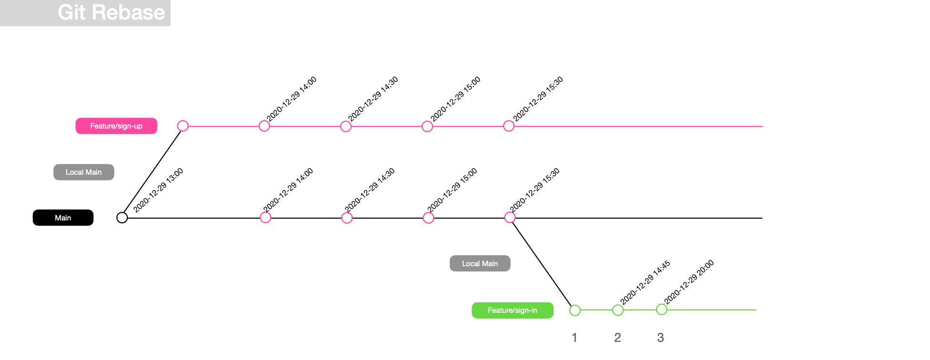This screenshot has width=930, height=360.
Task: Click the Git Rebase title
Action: coord(111,12)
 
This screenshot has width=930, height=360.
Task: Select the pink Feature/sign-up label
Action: coord(116,126)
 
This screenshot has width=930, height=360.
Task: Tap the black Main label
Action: coord(63,218)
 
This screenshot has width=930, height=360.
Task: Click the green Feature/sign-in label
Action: coord(512,310)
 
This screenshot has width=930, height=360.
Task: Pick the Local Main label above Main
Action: coord(84,172)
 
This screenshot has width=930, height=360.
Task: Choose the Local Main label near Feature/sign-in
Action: coord(480,263)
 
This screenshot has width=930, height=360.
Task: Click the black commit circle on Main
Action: coord(122,218)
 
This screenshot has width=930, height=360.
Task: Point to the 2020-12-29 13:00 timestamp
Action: coord(158,190)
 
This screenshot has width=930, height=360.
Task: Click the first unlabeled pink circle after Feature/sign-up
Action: coord(183,126)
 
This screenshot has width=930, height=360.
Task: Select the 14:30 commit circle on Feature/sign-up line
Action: coord(346,126)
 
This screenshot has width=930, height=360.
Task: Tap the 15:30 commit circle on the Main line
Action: coord(510,218)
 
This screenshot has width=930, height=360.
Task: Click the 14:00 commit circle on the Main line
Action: coord(265,218)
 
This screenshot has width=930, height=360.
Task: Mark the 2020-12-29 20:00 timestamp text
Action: coord(689,282)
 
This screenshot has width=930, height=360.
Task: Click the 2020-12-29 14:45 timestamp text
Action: coord(645,282)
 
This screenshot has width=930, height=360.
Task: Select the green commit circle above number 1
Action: coord(575,310)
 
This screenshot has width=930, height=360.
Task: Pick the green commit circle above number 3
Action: coord(662,310)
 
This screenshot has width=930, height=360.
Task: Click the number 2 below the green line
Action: coord(617,338)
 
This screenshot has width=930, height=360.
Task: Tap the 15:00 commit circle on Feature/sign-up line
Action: coord(427,126)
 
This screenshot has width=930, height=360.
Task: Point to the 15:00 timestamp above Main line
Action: coord(452,190)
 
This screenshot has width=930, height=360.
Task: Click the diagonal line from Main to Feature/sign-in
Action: coord(542,264)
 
